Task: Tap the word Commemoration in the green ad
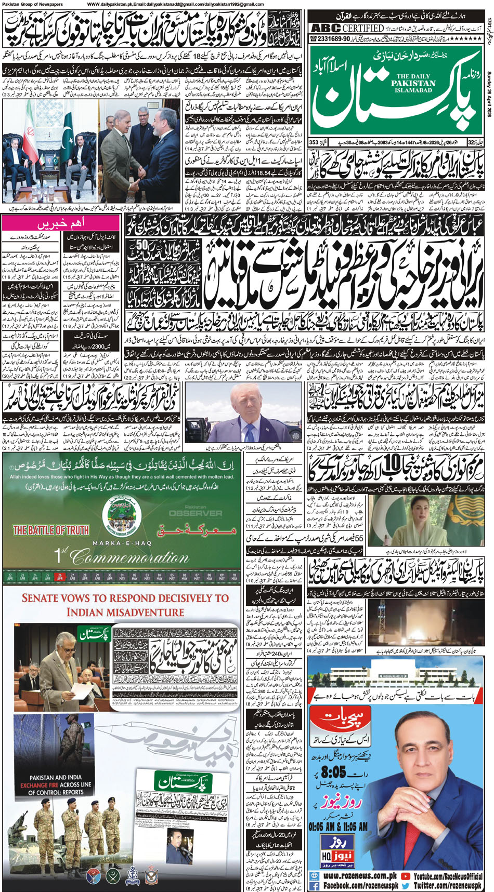pyautogui.click(x=130, y=558)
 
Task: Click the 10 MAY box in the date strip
pyautogui.click(x=234, y=576)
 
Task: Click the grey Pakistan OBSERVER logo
pyautogui.click(x=195, y=512)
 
